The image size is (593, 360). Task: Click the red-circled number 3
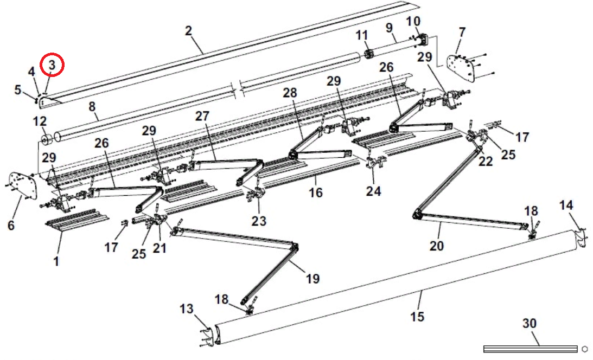coord(52,65)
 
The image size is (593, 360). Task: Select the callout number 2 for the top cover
coord(188,31)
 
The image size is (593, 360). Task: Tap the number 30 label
coord(529,324)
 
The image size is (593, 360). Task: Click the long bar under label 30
coord(530,349)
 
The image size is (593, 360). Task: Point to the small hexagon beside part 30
coord(584,349)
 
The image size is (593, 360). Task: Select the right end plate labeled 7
coord(461,67)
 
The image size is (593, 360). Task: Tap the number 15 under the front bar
coord(417,317)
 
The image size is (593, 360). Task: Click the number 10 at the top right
coord(413,21)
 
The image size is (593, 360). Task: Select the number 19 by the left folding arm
coord(313,279)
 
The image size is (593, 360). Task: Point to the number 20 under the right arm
coord(436,246)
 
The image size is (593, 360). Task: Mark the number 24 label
coord(373,190)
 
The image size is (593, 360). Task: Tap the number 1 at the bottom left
coord(55,262)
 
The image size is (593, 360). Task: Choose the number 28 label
coord(290,93)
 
